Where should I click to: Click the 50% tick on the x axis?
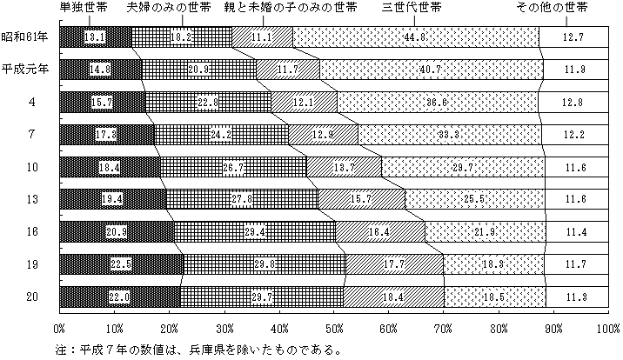(333, 330)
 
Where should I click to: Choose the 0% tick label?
(60, 330)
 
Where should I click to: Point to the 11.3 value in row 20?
(576, 297)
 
